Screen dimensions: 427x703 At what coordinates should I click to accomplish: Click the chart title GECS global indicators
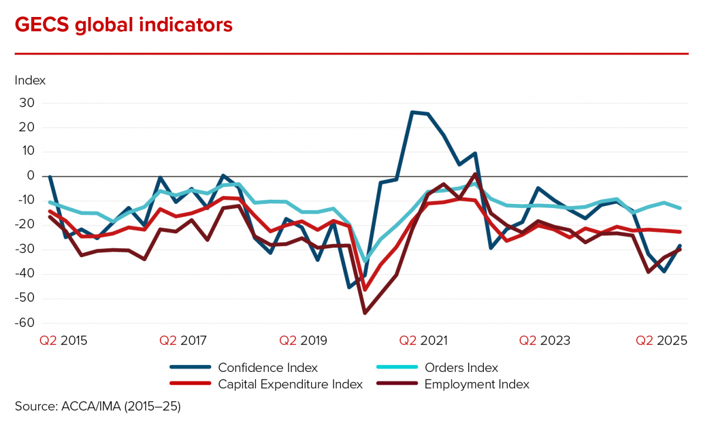[124, 25]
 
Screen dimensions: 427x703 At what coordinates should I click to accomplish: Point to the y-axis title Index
[30, 80]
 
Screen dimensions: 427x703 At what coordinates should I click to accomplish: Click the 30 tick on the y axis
[27, 103]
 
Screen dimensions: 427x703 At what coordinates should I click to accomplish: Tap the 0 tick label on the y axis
[31, 176]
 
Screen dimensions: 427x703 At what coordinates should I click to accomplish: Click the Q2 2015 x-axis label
[63, 340]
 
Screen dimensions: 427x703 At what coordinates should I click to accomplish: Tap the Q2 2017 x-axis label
[183, 340]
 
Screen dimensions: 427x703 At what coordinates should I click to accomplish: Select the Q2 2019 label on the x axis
[303, 340]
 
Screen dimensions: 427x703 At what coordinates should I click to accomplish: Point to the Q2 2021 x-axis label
[424, 340]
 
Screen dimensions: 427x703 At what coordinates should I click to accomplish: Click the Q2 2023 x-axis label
[544, 340]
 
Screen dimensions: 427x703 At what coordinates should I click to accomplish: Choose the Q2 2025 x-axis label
[662, 340]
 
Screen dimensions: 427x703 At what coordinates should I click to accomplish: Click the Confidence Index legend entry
[268, 368]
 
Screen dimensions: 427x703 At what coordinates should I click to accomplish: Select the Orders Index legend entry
[461, 368]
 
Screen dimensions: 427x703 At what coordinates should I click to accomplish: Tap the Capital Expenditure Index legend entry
[290, 385]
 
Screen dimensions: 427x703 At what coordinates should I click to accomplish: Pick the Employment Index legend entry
[477, 385]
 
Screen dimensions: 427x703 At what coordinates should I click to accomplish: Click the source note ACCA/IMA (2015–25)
[98, 406]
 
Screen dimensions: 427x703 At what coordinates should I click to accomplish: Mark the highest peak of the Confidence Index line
[412, 112]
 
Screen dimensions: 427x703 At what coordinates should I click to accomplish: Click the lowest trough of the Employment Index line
[365, 313]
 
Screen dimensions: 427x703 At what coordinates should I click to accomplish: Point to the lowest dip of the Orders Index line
[366, 262]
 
